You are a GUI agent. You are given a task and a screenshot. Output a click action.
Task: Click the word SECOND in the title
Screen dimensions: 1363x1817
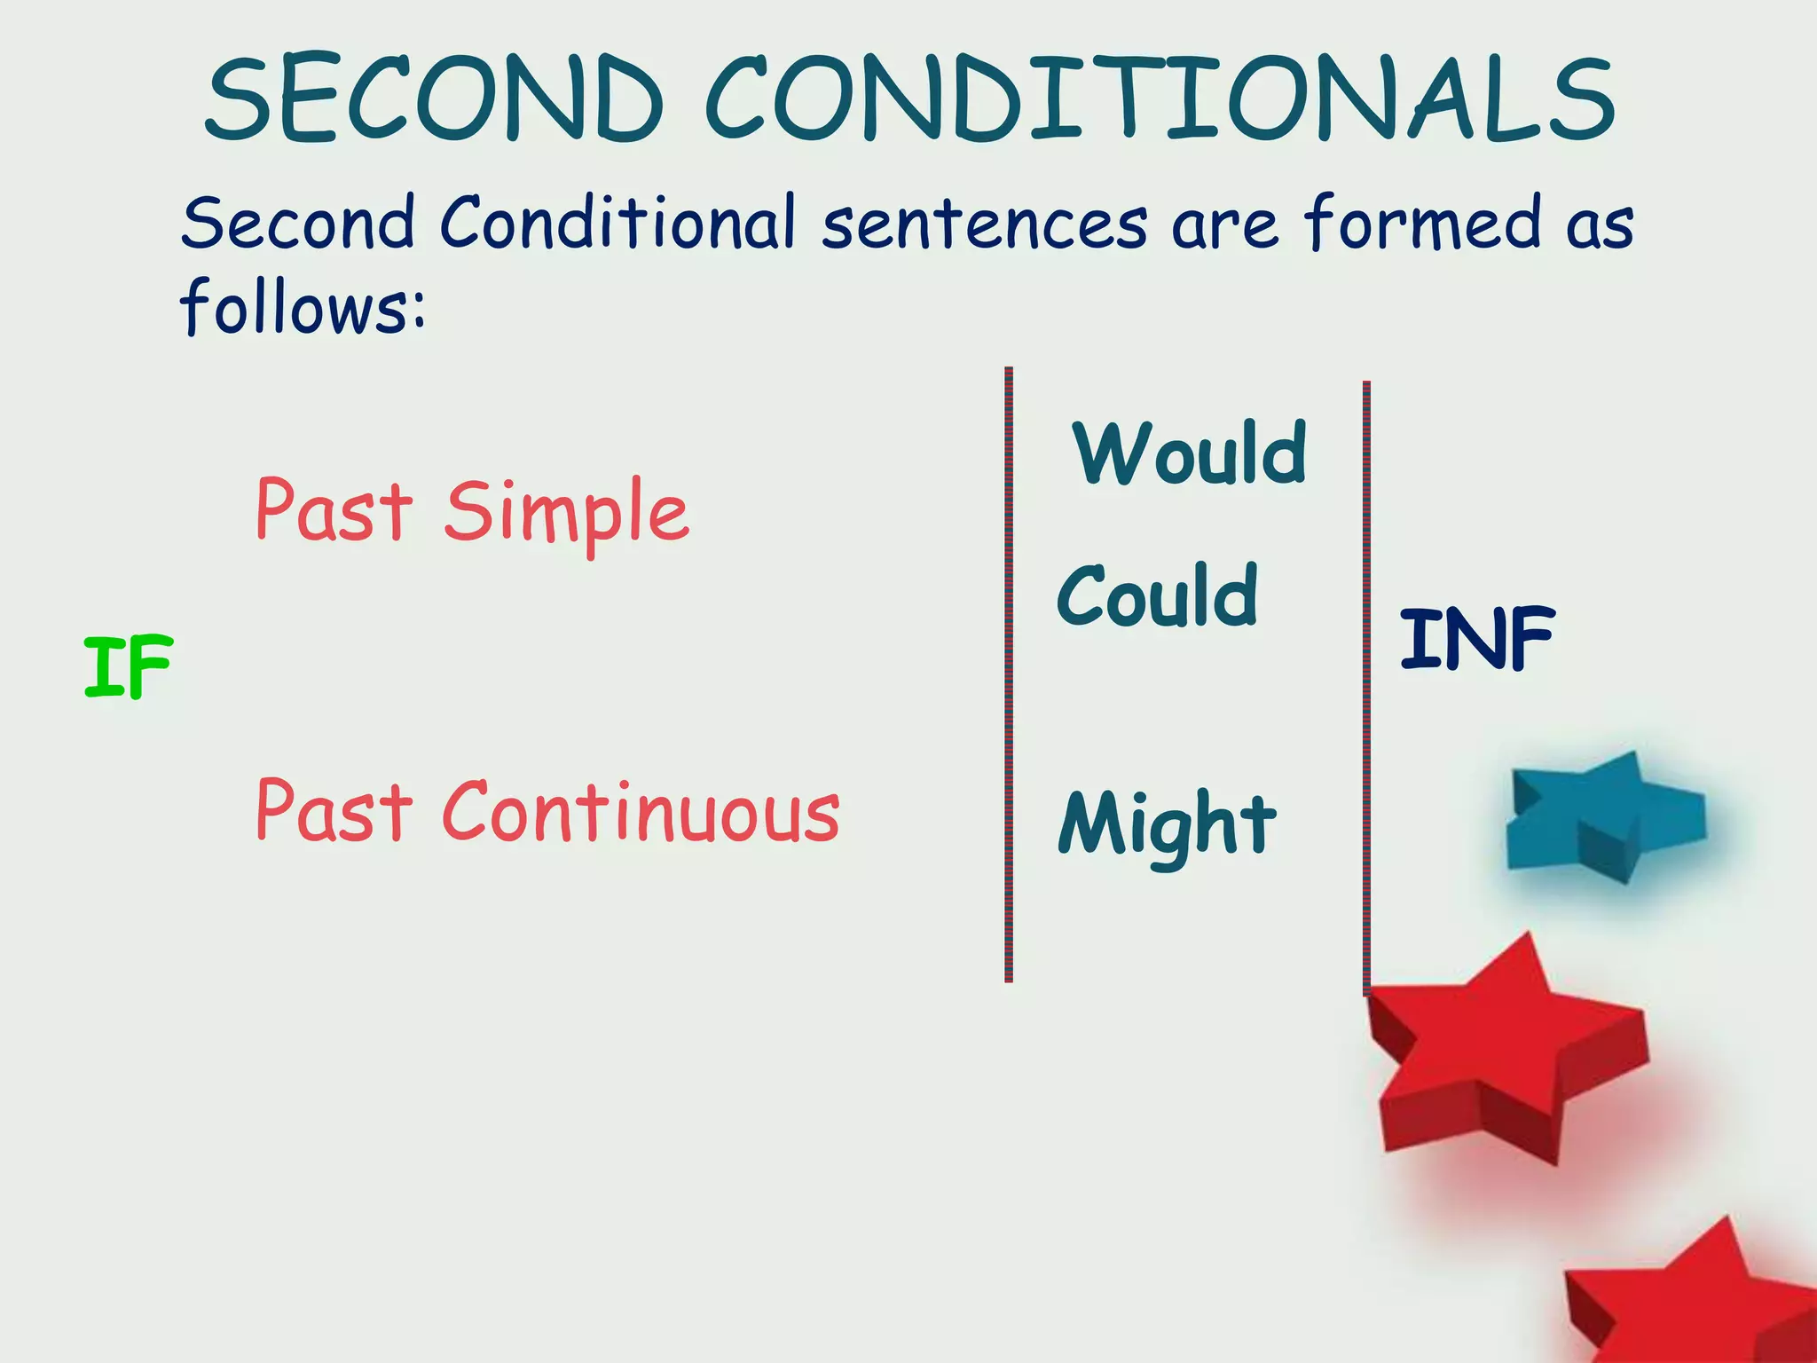click(435, 99)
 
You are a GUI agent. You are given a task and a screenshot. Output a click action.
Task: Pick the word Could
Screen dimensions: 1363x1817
click(1158, 596)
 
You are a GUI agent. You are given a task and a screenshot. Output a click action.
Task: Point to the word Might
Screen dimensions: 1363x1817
click(1167, 825)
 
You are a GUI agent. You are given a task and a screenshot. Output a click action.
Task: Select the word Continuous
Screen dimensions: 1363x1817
click(641, 811)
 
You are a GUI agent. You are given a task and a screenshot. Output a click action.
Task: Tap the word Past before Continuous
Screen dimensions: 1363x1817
click(334, 811)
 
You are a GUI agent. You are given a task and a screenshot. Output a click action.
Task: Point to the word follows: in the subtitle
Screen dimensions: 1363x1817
click(303, 306)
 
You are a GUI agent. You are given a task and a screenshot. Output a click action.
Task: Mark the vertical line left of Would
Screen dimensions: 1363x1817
click(1009, 674)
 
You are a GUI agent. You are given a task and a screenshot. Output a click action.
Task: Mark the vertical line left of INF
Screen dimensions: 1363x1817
click(1366, 688)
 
